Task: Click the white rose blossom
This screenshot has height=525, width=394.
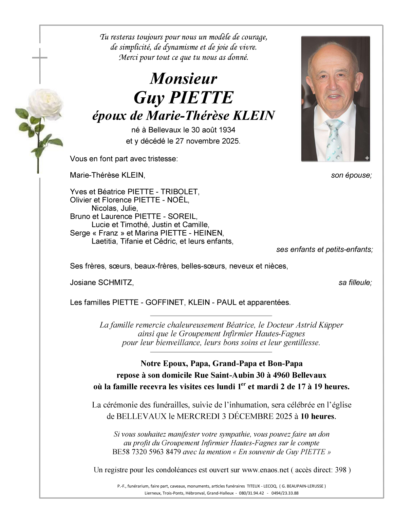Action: click(x=45, y=104)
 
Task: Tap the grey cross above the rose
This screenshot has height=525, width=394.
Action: click(x=40, y=58)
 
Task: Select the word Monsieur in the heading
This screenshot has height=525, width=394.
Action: click(x=183, y=79)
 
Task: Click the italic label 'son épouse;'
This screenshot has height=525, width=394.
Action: click(x=351, y=175)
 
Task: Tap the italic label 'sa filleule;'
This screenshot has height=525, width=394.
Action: click(x=355, y=282)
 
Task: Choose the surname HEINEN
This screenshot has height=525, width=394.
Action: click(x=208, y=233)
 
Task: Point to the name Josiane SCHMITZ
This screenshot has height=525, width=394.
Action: click(x=102, y=282)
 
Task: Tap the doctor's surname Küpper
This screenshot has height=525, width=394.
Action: click(x=331, y=325)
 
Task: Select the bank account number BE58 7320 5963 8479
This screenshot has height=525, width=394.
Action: click(x=146, y=452)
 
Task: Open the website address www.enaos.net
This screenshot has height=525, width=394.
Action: click(x=265, y=470)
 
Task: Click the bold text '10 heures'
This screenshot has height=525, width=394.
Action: click(x=317, y=417)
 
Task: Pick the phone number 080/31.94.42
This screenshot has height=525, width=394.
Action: click(x=252, y=493)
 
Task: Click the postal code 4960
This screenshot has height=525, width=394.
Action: click(x=281, y=375)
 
